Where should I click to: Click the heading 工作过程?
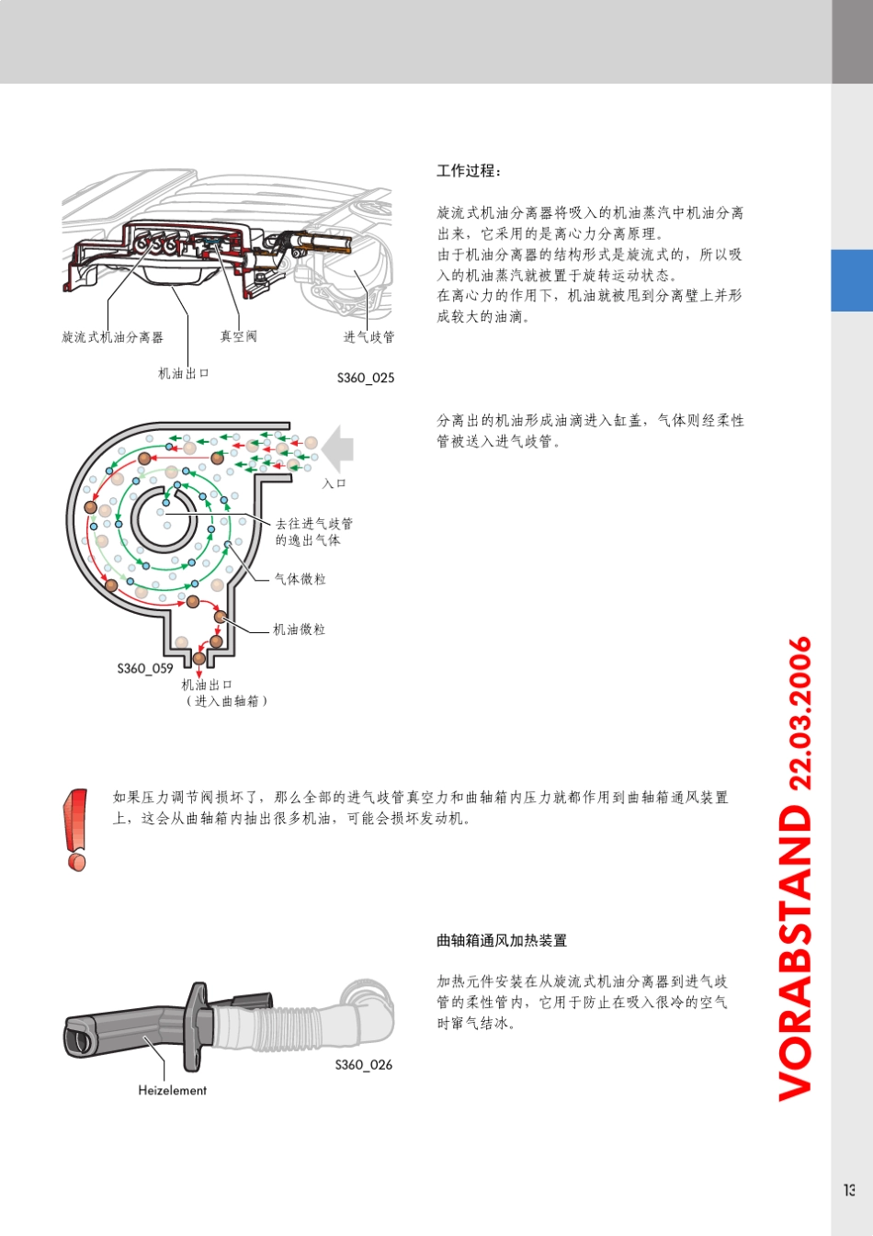(469, 171)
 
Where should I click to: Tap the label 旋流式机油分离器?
(112, 337)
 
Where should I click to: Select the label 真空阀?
(238, 336)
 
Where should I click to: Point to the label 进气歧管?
(368, 337)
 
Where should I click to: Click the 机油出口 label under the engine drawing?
(184, 373)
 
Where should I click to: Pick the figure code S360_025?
(365, 378)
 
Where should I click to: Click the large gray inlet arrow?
(337, 448)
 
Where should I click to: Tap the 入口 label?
(334, 483)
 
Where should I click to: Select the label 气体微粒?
(300, 579)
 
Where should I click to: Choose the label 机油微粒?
(299, 629)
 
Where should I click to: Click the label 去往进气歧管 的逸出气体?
(313, 532)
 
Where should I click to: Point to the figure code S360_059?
(144, 668)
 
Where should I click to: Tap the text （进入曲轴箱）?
(226, 701)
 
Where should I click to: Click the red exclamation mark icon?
(75, 829)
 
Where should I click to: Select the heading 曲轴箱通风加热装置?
(502, 940)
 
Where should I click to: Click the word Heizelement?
(172, 1090)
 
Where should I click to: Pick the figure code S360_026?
(363, 1064)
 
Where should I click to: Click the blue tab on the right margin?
(852, 280)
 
